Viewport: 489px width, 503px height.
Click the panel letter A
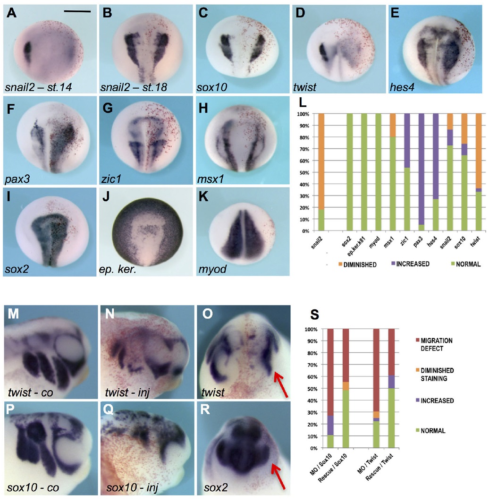click(11, 12)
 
